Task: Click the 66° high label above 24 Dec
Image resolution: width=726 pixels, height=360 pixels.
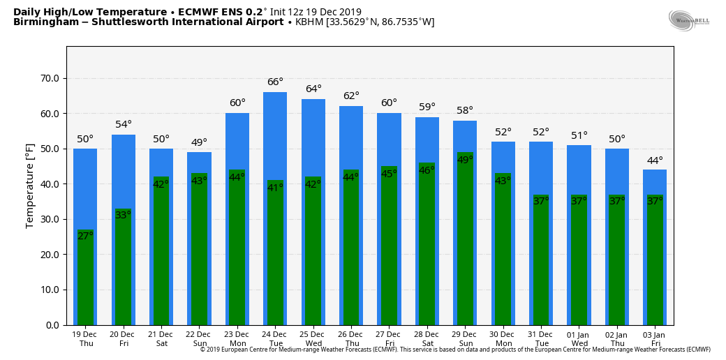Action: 275,82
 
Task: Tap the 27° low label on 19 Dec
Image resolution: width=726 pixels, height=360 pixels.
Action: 85,236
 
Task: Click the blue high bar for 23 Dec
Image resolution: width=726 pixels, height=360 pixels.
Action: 237,140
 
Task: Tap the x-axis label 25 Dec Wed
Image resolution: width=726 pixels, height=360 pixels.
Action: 313,339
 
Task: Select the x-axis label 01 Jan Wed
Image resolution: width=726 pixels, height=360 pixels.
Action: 579,339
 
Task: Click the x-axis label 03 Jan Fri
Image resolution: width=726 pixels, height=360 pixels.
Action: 655,339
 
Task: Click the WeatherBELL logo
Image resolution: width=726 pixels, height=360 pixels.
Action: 688,21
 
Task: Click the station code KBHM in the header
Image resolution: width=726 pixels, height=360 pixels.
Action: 309,22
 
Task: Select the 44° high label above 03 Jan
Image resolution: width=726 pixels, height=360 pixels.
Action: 655,160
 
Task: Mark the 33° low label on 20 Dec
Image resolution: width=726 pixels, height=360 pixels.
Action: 124,215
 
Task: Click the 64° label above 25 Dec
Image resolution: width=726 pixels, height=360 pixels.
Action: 313,89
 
